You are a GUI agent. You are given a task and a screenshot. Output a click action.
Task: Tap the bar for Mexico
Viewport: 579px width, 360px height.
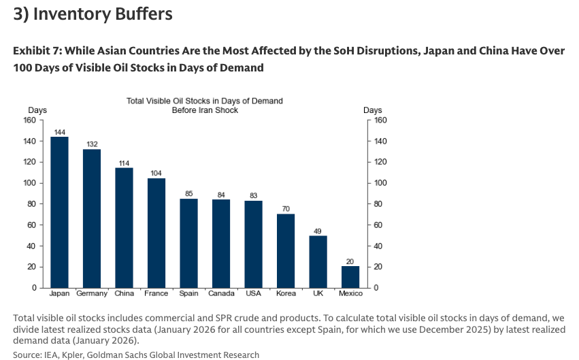point(350,276)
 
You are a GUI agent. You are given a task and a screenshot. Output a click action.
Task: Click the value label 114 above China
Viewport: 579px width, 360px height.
point(124,162)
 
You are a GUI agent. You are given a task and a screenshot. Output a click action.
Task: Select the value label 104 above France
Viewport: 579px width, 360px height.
point(156,172)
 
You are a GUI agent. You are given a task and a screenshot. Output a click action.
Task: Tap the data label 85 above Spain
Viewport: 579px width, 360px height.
point(188,193)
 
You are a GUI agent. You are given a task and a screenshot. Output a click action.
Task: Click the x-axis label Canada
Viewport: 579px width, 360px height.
point(221,294)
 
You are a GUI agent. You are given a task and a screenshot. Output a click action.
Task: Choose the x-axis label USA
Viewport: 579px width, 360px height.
point(253,294)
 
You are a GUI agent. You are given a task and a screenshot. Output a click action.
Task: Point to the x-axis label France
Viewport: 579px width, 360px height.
point(156,294)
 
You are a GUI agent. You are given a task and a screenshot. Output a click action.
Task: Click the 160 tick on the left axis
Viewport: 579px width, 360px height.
point(29,120)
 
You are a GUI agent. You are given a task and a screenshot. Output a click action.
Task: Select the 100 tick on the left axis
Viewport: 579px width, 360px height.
point(29,183)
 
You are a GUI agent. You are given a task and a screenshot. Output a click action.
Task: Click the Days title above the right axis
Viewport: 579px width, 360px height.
point(373,110)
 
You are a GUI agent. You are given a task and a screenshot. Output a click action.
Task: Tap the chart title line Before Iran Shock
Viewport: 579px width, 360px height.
point(205,110)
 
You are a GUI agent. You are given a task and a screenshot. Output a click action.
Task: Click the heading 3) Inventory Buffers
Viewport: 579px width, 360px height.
point(93,14)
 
